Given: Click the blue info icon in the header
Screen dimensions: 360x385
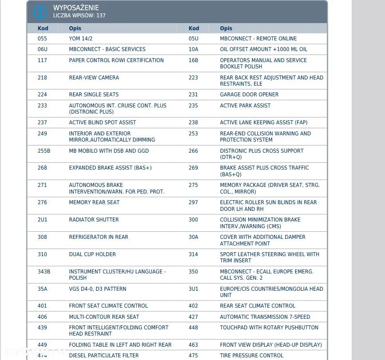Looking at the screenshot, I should point(40,12).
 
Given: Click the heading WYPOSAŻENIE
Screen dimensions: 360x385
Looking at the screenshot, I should point(76,8).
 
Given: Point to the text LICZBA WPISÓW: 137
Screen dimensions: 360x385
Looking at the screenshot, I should point(79,16).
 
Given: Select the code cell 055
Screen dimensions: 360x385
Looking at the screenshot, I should point(42,39).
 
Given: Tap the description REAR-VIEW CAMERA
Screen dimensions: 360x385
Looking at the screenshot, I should point(94,78).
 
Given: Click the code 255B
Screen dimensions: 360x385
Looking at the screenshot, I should point(44,151).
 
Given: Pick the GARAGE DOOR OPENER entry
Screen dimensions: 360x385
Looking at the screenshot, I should point(249,95).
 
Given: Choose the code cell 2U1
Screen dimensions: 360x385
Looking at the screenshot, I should point(42,220).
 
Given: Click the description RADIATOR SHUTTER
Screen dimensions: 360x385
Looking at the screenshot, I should point(94,220).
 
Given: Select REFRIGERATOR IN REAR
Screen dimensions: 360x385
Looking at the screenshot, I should point(99,237).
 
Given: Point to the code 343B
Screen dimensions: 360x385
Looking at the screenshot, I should point(44,272).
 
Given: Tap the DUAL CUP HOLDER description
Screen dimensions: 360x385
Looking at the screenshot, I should point(92,254).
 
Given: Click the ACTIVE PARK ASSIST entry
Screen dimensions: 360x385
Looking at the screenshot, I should point(245,106).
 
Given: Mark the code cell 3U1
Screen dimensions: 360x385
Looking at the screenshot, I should point(193,289).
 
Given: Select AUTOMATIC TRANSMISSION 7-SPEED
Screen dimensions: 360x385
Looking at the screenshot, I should point(265,317).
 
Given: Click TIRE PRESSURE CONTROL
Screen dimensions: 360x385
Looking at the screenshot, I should point(251,356).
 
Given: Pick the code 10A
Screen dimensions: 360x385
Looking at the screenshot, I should point(193,49).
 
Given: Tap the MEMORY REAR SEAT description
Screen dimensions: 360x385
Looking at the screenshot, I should point(94,202).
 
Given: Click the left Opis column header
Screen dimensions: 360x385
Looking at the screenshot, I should point(75,28).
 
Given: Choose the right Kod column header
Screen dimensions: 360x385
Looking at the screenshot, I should point(194,28).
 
